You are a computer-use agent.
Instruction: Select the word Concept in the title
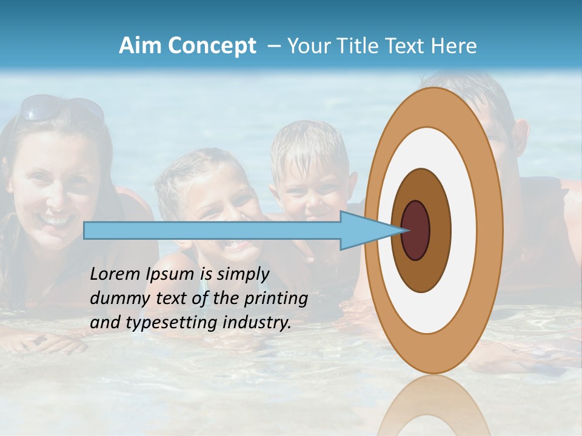[212, 46]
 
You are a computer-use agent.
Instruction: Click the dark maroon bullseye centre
[416, 231]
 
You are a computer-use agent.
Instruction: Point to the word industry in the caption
[257, 323]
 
